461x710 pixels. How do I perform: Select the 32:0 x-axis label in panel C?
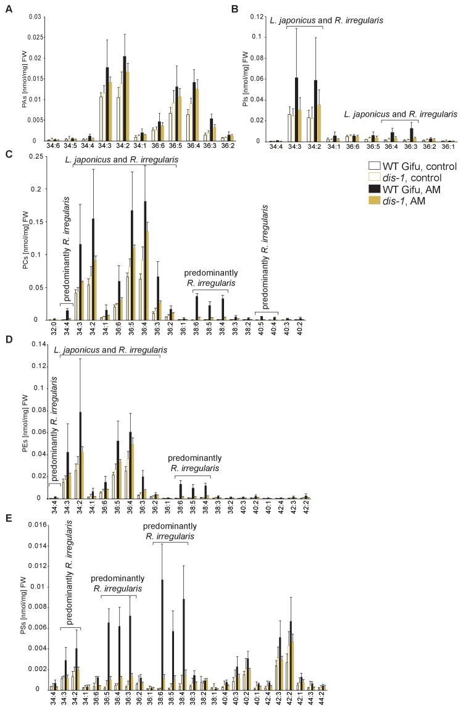tap(54, 330)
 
